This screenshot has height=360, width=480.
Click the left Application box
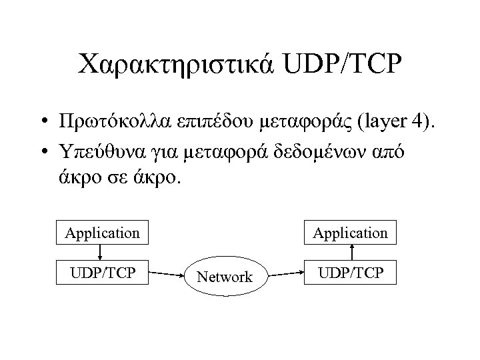(x=102, y=233)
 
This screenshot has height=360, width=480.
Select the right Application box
(x=350, y=233)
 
